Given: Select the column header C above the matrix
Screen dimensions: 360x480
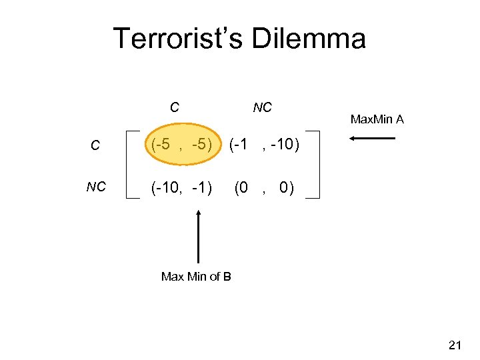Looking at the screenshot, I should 174,107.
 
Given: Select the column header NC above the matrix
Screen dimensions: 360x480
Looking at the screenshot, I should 262,107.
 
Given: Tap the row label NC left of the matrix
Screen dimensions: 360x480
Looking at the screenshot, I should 96,187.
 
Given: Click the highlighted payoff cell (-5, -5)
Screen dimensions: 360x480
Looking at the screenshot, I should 177,144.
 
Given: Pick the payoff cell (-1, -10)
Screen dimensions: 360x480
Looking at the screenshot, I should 265,144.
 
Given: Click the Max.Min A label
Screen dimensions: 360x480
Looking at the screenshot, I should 377,120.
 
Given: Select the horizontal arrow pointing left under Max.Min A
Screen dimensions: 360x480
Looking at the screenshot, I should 372,139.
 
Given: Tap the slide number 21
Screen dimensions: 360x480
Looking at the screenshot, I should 455,345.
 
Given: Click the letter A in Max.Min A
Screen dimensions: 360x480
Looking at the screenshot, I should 400,120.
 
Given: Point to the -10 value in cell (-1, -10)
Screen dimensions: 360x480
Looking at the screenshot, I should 283,144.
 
